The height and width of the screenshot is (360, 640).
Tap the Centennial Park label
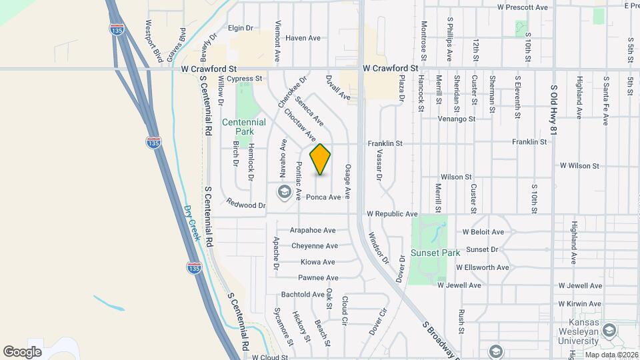coord(243,127)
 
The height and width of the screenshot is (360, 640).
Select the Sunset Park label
coord(435,253)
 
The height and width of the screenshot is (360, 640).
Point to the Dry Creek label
coord(191,223)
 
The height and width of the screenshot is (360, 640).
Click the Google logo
coord(22,351)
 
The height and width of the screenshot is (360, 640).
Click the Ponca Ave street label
coord(323,197)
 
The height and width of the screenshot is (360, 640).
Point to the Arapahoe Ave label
coord(313,230)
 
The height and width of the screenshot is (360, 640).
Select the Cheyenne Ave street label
coord(314,246)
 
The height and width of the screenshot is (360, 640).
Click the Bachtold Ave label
coord(302,294)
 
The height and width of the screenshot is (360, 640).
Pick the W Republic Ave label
coord(392,214)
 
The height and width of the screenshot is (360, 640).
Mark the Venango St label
coord(457,119)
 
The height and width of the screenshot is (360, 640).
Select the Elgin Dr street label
coord(241,28)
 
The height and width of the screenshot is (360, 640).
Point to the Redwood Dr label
coord(245,205)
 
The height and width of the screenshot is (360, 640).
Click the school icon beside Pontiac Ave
coord(284,193)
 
